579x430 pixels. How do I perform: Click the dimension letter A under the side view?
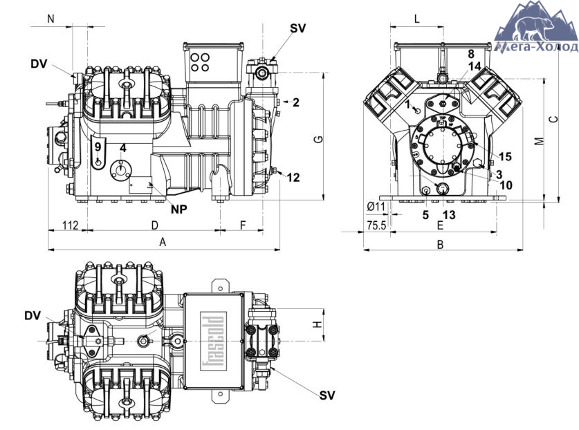point(163,242)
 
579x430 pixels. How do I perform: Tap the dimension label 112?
point(70,225)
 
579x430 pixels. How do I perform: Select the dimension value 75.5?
point(376,225)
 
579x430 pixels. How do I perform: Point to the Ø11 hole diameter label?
point(376,207)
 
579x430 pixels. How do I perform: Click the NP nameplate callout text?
point(179,209)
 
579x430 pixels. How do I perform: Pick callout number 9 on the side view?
point(98,147)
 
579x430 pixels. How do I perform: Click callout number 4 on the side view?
point(123,149)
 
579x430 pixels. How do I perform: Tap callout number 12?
point(293,178)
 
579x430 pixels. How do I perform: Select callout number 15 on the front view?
point(505,156)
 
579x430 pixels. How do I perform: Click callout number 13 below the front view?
point(449,215)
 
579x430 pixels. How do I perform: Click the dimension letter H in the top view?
point(318,324)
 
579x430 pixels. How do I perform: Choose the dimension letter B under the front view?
point(440,244)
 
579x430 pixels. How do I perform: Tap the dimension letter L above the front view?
point(417,19)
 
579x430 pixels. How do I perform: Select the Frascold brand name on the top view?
point(214,341)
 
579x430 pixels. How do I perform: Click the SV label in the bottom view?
point(327,395)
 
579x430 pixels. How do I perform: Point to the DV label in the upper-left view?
point(39,64)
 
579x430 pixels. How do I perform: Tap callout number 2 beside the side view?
point(296,102)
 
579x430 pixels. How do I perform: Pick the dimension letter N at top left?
point(51,19)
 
